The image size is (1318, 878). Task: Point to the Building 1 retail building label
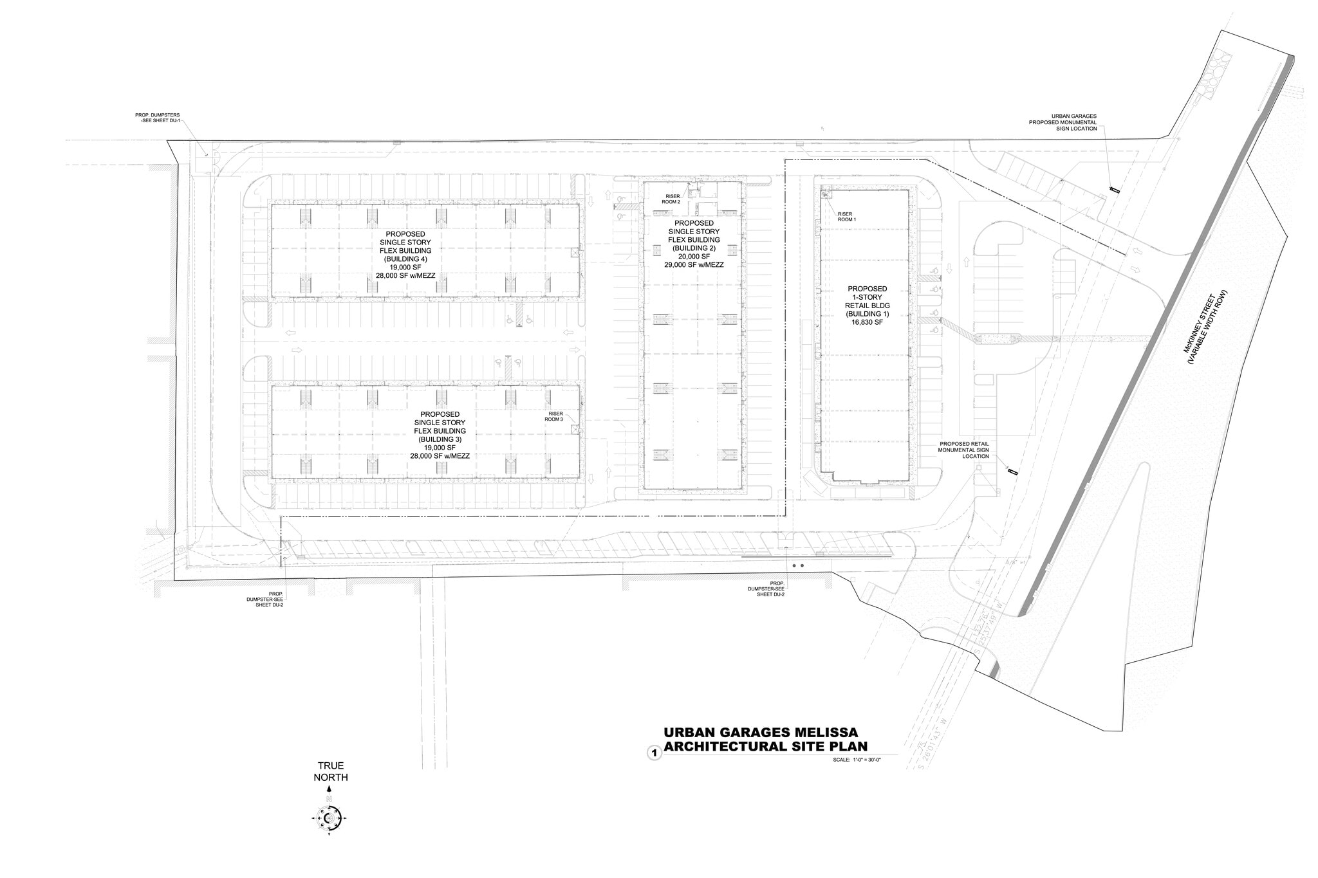click(x=867, y=306)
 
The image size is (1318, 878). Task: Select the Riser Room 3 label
click(x=554, y=416)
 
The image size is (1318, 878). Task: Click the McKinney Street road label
click(x=1203, y=329)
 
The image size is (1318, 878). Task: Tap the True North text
click(x=330, y=771)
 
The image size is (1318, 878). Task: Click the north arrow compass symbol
click(x=329, y=818)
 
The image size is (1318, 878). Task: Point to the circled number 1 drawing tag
click(x=654, y=752)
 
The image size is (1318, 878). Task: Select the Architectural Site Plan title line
click(x=765, y=746)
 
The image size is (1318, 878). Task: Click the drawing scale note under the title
click(x=856, y=760)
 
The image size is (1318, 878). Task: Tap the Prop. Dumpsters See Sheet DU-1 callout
click(x=158, y=118)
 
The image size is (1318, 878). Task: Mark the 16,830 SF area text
click(x=867, y=323)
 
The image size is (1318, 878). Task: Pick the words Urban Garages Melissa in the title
click(x=760, y=733)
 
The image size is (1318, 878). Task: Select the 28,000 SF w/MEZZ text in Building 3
click(x=440, y=456)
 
